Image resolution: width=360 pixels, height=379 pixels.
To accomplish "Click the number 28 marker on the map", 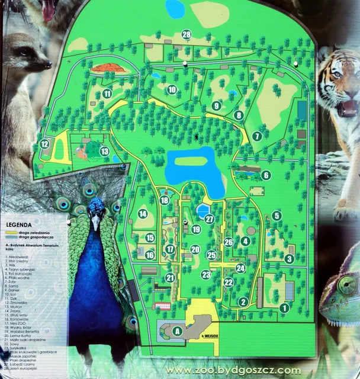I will pyautogui.click(x=187, y=35).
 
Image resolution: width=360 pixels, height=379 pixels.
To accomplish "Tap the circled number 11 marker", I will pyautogui.click(x=107, y=94).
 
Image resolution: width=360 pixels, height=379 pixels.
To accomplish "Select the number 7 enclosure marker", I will pyautogui.click(x=256, y=136).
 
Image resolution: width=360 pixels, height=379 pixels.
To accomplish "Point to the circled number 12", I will pyautogui.click(x=44, y=144).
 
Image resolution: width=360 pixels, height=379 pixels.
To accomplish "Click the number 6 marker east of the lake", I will pyautogui.click(x=266, y=175).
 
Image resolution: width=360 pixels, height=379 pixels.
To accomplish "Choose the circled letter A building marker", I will pyautogui.click(x=176, y=332).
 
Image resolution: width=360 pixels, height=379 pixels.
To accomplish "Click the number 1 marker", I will pyautogui.click(x=284, y=307).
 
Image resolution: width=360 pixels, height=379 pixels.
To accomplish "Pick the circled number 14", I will pyautogui.click(x=142, y=214).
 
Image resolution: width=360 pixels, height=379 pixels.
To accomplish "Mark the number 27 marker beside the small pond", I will pyautogui.click(x=209, y=219).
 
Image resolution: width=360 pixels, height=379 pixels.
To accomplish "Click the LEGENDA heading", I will pyautogui.click(x=19, y=226).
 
